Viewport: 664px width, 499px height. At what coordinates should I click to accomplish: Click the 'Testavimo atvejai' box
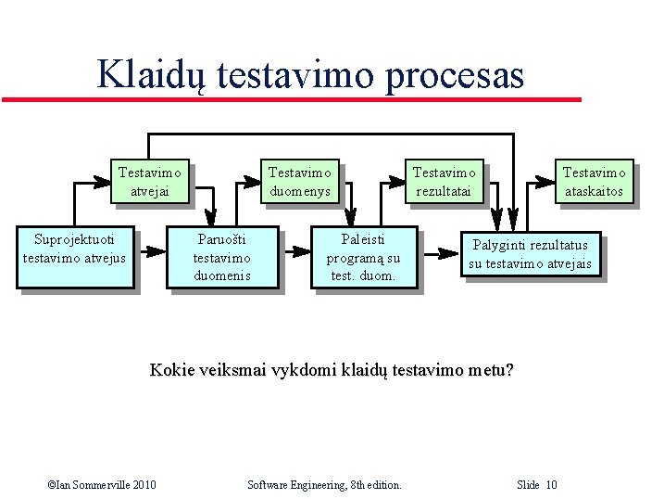point(150,182)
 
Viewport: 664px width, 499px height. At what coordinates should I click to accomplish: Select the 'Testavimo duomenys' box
point(300,182)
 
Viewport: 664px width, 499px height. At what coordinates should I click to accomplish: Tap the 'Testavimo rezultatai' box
point(445,182)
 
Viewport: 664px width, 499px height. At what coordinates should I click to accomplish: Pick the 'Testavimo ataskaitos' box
point(595,182)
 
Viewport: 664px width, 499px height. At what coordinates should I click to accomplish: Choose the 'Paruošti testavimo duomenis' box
point(222,257)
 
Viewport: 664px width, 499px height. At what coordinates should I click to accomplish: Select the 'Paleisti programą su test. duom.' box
point(364,257)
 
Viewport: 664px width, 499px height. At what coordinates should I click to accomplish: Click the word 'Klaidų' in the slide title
point(153,74)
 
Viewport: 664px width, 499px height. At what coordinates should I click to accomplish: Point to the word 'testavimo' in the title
point(295,74)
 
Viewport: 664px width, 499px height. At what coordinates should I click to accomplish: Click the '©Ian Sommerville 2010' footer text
point(101,485)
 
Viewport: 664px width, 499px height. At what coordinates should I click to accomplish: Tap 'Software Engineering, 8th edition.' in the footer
point(325,485)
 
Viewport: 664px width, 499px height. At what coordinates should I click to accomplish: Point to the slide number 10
point(551,485)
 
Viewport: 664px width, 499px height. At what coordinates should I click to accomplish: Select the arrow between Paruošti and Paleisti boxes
point(296,250)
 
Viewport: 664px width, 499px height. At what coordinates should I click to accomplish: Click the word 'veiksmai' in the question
point(242,371)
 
